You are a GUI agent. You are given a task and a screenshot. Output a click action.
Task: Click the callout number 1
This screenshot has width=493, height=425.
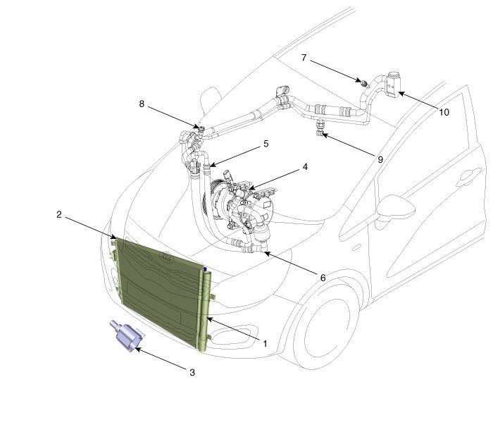tap(265, 343)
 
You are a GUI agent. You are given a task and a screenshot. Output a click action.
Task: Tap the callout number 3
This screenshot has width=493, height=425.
tap(192, 372)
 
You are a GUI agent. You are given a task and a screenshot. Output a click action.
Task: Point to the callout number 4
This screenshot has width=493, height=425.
tap(305, 167)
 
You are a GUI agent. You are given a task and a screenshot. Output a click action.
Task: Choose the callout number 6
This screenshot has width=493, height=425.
tap(322, 278)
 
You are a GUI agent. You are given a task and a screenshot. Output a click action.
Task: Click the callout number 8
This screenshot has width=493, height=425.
tap(142, 104)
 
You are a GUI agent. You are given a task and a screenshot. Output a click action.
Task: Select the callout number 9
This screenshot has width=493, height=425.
tap(380, 160)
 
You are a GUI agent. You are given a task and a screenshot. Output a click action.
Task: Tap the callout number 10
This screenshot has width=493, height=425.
tap(444, 111)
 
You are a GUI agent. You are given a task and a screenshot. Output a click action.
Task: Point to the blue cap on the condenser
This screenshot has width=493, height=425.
tap(205, 270)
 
